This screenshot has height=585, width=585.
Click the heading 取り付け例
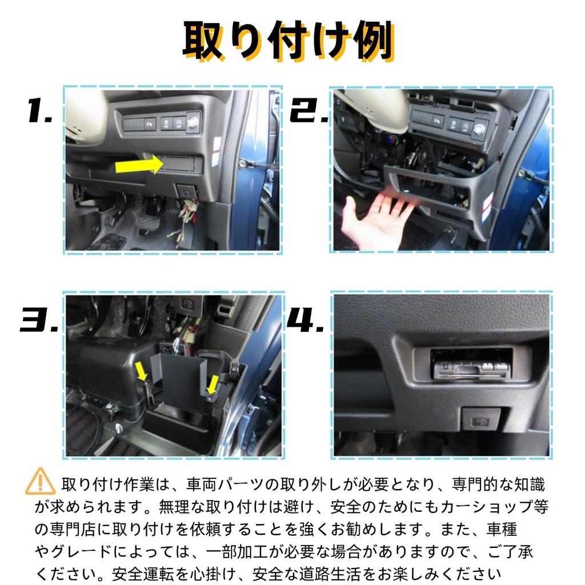coord(289,41)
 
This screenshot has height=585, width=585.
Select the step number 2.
coord(309,111)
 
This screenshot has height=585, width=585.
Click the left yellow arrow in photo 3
coord(140,372)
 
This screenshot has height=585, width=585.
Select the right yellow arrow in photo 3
coord(212,384)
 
